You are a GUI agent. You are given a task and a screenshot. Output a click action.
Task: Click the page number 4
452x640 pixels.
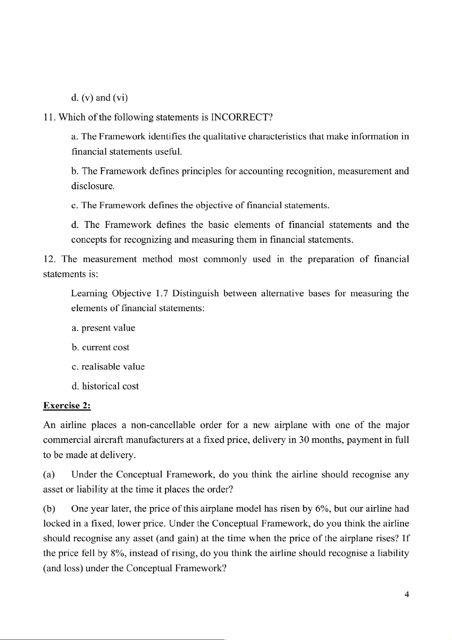(407, 594)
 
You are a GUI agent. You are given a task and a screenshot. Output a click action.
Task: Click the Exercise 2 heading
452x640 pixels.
(67, 406)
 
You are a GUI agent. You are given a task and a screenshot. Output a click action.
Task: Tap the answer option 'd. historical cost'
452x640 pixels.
(105, 386)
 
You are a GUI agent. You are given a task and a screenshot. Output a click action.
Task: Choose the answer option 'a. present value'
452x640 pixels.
(103, 328)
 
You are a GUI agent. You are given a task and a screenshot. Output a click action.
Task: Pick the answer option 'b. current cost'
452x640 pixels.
(100, 347)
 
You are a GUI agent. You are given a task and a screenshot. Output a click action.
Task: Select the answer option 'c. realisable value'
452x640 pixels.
(108, 367)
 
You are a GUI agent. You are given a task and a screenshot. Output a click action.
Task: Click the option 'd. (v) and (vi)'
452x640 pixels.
(99, 98)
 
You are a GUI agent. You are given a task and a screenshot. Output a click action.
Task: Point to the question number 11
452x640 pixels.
(49, 117)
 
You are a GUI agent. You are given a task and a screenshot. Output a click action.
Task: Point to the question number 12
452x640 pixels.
(50, 259)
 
